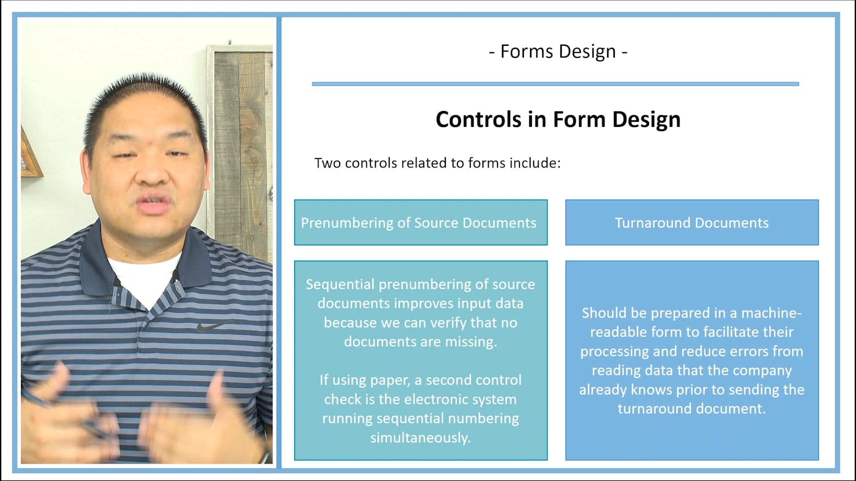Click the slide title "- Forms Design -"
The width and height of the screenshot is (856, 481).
pos(558,52)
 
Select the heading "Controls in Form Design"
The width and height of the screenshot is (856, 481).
pos(558,119)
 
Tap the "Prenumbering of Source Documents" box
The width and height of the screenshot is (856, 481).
pos(420,223)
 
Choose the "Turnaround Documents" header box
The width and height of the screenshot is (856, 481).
pos(691,223)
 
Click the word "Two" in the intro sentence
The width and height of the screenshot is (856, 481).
pos(328,163)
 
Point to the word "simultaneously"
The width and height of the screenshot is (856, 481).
pos(420,437)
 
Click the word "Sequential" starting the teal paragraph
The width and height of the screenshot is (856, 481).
pos(340,284)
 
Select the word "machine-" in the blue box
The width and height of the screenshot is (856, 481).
pos(771,313)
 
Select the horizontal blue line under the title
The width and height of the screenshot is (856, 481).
pos(555,84)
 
